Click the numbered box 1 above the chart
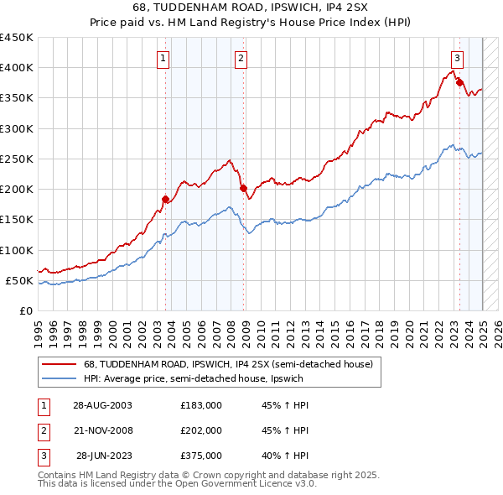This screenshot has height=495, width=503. [x=162, y=59]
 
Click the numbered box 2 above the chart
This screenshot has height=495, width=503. [x=241, y=59]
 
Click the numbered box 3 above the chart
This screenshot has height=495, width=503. [x=457, y=59]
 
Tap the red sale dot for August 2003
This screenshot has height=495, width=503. [x=165, y=199]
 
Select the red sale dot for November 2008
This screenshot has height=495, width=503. [x=243, y=189]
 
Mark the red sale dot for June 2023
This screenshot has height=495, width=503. [x=459, y=82]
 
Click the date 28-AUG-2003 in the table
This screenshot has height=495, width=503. [x=102, y=405]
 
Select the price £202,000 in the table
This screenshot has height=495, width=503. [x=201, y=430]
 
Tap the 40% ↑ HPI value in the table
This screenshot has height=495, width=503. [x=285, y=456]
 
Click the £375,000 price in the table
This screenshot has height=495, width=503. [x=201, y=456]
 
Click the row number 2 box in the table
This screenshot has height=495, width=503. [x=42, y=430]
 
